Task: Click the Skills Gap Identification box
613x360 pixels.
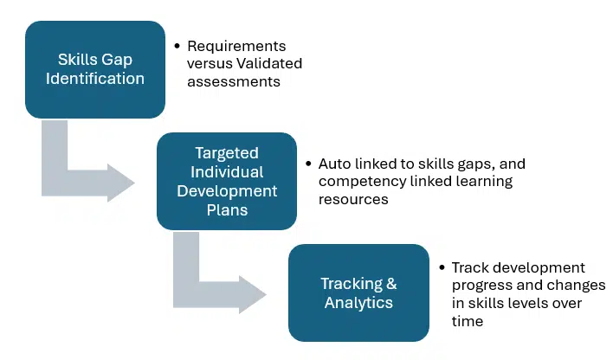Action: (95, 69)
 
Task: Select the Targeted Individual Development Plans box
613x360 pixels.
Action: (227, 180)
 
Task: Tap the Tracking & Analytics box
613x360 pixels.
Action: (358, 292)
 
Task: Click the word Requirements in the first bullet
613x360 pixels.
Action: (236, 46)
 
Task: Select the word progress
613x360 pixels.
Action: (481, 286)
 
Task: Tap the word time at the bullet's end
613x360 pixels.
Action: (468, 321)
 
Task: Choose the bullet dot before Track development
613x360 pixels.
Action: (442, 268)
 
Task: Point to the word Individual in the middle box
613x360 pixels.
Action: (227, 171)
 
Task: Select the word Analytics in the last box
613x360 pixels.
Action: (358, 302)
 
